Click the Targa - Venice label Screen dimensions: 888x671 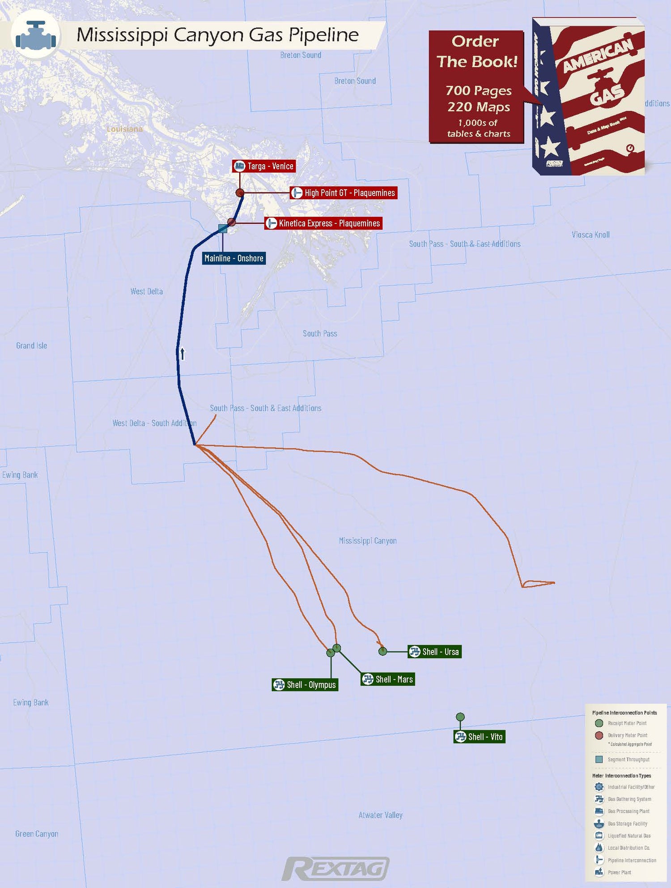[264, 166]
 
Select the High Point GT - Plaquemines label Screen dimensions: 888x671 [344, 193]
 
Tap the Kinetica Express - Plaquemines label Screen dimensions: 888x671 [323, 223]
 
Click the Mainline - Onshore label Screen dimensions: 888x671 [234, 258]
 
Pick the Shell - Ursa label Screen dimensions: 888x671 [434, 652]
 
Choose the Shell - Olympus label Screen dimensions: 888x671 [305, 685]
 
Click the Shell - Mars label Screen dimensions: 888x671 [388, 679]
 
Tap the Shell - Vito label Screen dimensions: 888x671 [479, 737]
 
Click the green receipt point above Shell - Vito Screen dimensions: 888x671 [460, 717]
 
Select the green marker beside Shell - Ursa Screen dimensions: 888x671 [382, 651]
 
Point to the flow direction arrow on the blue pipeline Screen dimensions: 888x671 [183, 354]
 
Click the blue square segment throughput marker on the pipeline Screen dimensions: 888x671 [222, 229]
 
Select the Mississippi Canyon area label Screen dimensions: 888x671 [368, 541]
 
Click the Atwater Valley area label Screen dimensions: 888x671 [380, 815]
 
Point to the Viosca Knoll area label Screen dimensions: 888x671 [590, 235]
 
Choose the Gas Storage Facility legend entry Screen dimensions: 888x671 [627, 824]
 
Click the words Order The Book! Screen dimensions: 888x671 [476, 51]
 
